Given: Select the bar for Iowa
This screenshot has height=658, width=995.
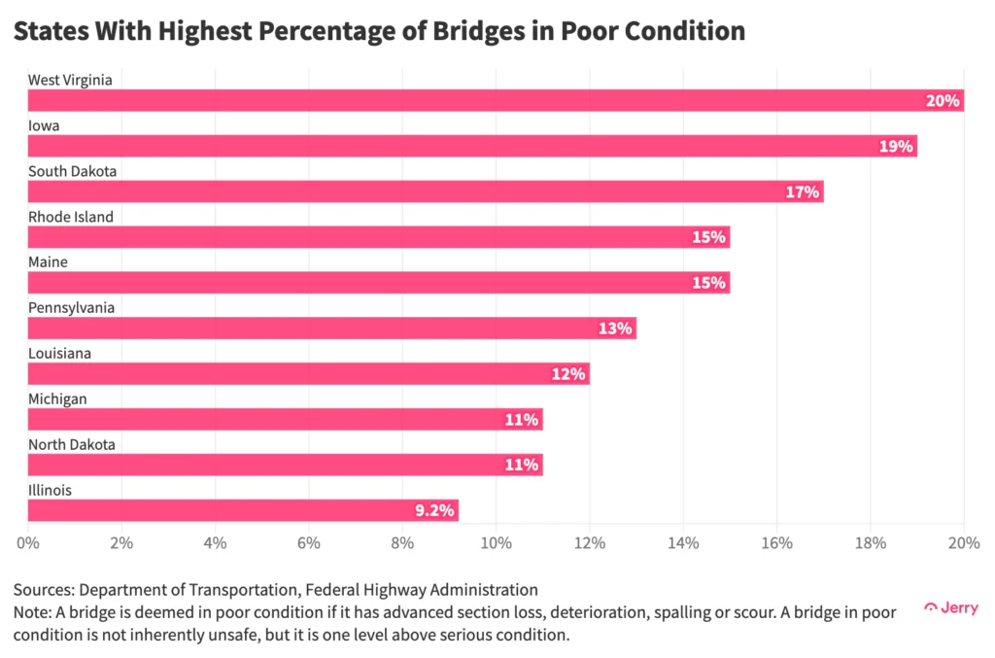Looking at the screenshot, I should (x=466, y=146).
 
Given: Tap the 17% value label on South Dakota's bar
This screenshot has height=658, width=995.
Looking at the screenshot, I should (x=804, y=192).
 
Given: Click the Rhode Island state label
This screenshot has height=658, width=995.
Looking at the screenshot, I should (x=70, y=217).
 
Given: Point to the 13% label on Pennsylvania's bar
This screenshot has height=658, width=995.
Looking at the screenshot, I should (x=615, y=329).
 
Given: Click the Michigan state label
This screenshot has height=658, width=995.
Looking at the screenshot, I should (x=57, y=398).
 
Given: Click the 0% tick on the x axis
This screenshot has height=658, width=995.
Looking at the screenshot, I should (x=27, y=542).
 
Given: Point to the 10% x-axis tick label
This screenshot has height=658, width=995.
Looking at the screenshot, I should (x=496, y=542).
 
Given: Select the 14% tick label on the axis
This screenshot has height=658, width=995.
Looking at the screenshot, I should (x=683, y=542).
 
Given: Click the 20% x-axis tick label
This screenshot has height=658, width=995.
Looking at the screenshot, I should (x=963, y=542).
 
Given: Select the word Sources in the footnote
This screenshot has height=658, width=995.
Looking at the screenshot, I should (x=42, y=589).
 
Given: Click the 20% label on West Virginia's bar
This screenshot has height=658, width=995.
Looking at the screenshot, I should (x=943, y=101).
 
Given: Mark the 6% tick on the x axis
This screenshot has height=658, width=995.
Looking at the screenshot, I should (x=308, y=542).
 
